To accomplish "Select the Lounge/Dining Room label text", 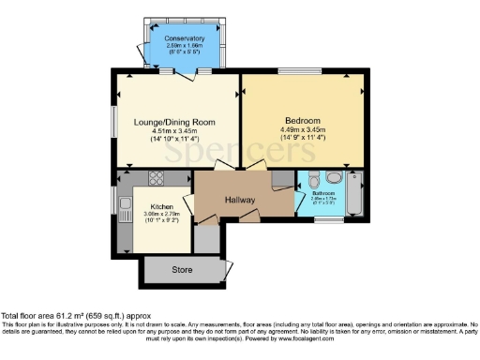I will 176,121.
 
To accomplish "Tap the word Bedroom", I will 304,121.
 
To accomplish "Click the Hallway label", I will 241,199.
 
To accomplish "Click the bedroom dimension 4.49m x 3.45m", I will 304,130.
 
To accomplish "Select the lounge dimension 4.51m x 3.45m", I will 176,130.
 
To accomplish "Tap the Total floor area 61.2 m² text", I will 75,316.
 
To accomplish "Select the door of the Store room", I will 225,269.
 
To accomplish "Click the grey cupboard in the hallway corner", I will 282,179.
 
